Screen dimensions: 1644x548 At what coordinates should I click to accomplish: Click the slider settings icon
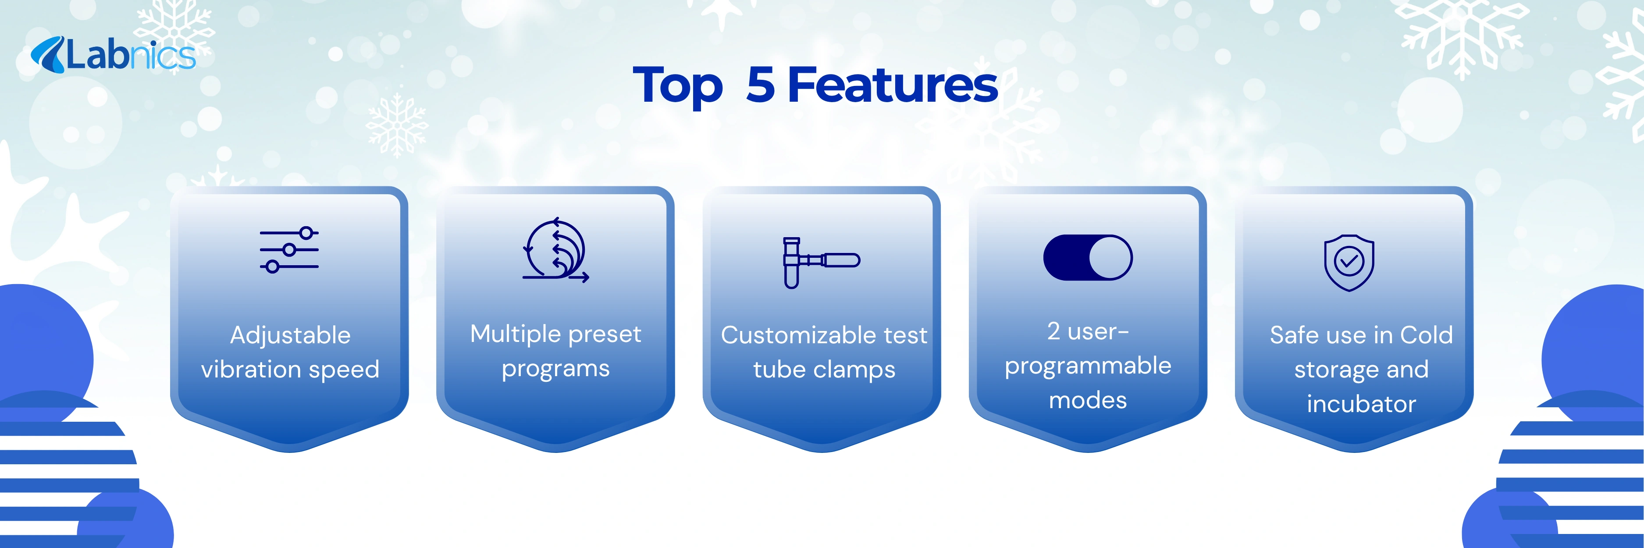(289, 250)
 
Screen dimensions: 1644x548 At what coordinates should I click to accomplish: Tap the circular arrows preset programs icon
(555, 249)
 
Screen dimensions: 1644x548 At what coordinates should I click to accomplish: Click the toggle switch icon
(1088, 257)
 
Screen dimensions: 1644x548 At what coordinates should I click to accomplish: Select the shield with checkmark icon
(1349, 262)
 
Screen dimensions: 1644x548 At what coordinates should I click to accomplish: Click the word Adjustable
(290, 335)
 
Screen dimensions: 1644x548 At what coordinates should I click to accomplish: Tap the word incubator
(1361, 404)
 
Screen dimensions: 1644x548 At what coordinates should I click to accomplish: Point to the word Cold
(1427, 335)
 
